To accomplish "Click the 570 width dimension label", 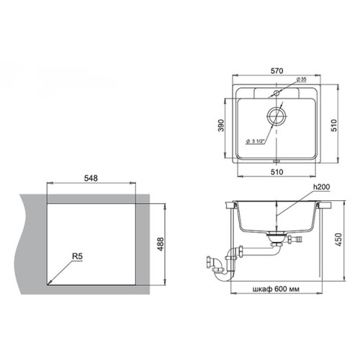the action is tap(277, 71).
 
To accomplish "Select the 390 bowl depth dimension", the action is tap(221, 125).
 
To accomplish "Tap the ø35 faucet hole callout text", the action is tap(302, 79).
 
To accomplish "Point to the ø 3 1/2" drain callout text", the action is tap(255, 141).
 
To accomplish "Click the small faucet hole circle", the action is tap(276, 93).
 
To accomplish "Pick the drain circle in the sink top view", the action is tap(276, 116).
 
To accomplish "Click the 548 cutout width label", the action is tap(91, 178).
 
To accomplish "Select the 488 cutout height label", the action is tap(161, 244).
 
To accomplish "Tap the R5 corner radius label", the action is tap(77, 256).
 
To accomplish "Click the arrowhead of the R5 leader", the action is tap(48, 284).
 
